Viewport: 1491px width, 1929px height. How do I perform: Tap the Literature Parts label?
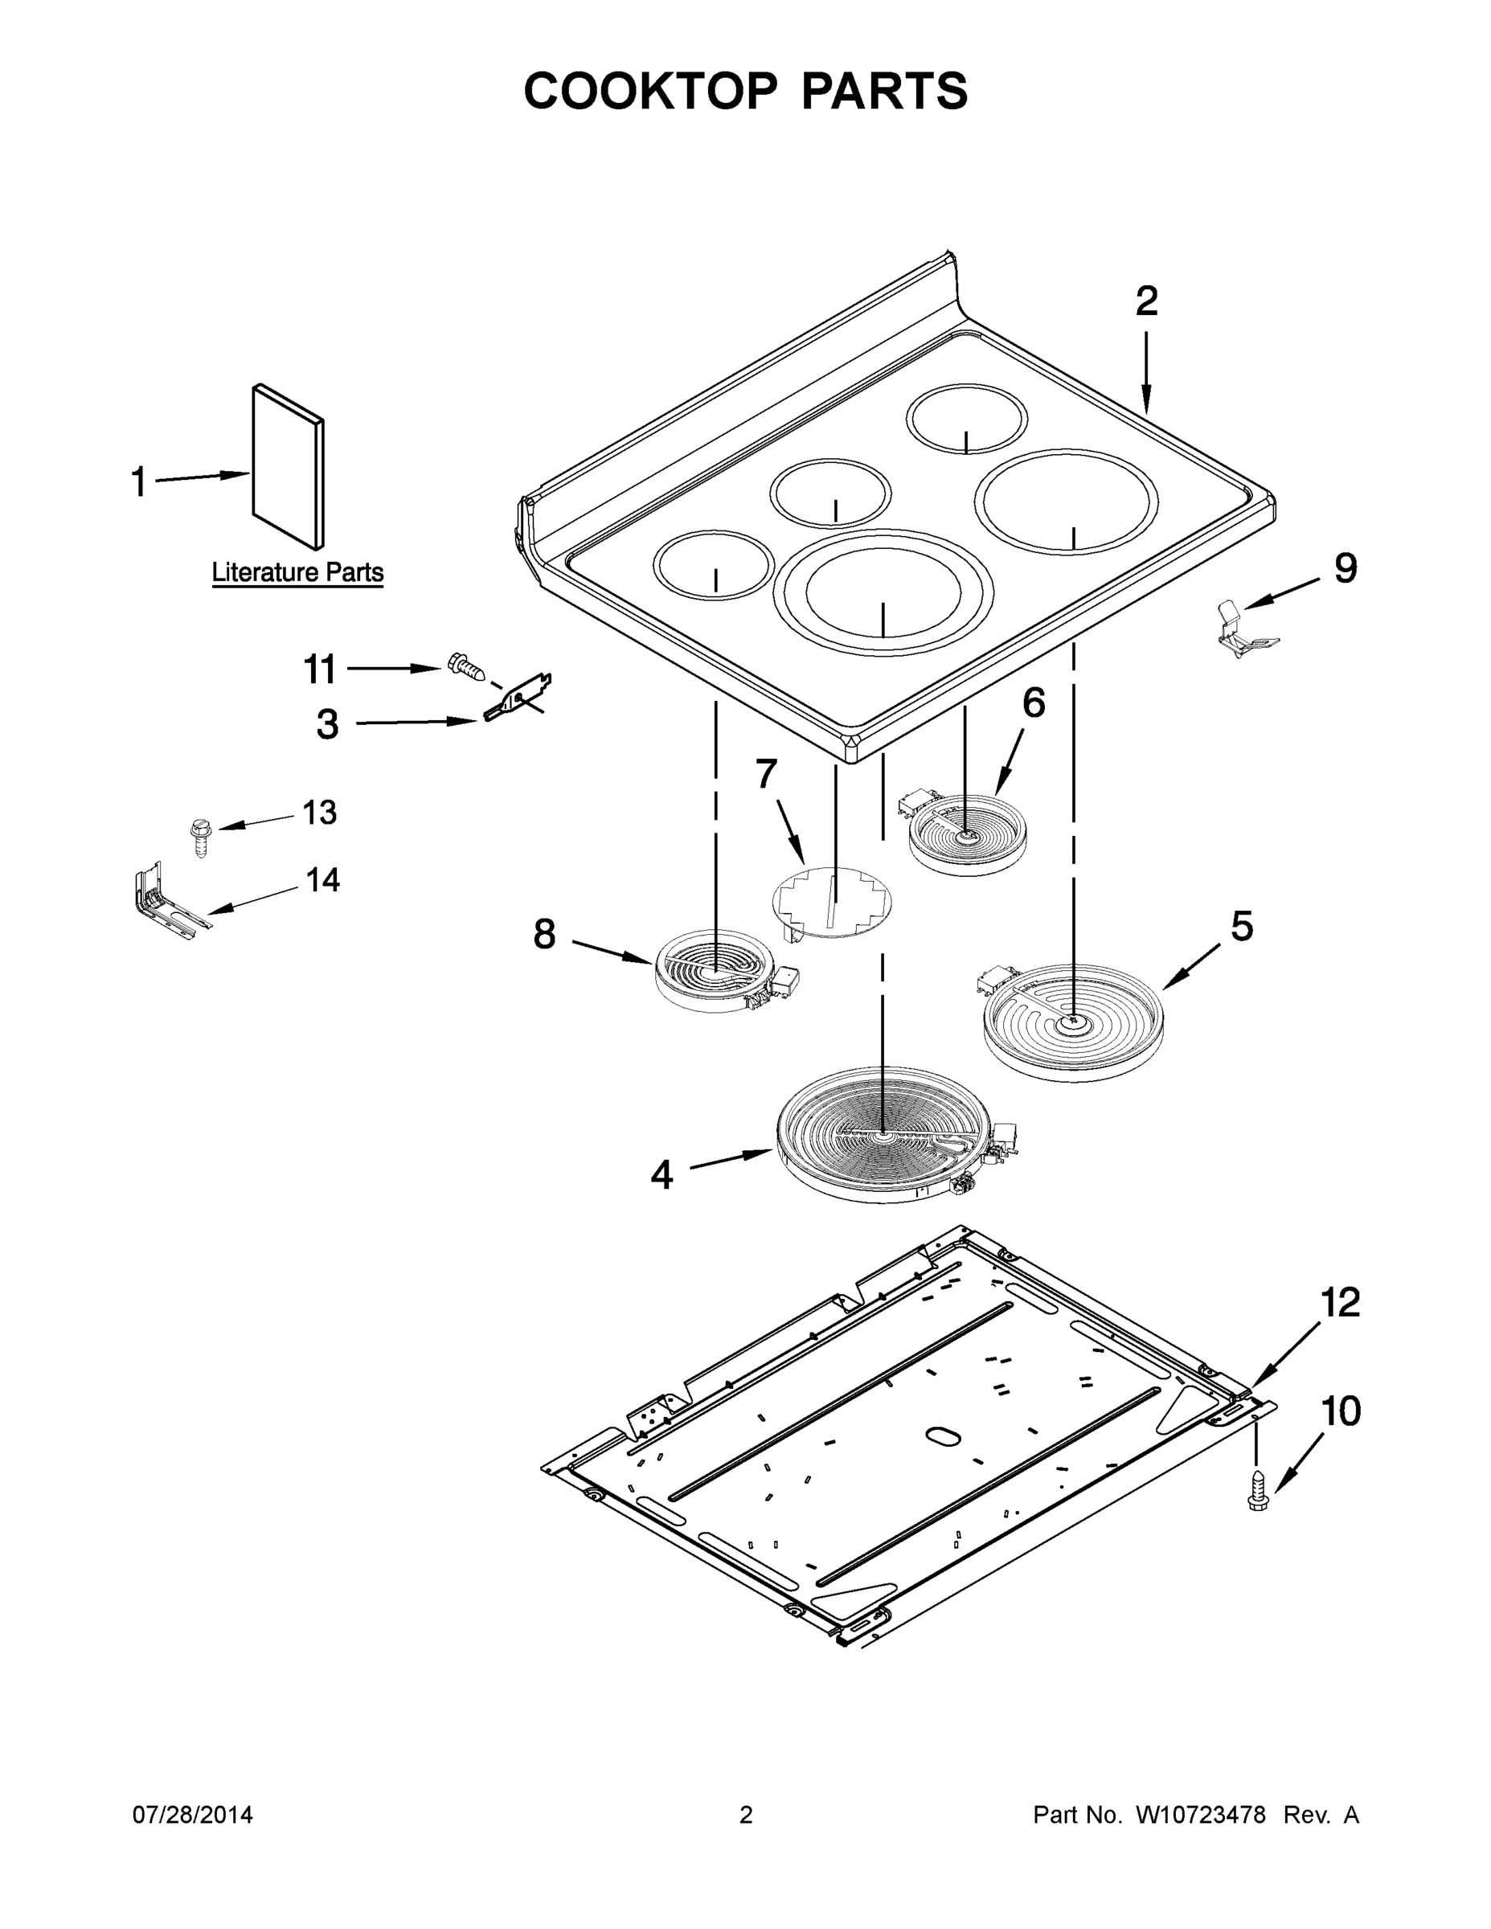coord(297,572)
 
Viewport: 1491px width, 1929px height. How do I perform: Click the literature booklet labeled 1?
coord(287,466)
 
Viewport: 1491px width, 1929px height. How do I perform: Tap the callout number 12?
coord(1340,1303)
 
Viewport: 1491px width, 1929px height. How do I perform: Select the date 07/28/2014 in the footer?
coord(193,1814)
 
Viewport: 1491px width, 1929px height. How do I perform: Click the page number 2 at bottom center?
coord(746,1814)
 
